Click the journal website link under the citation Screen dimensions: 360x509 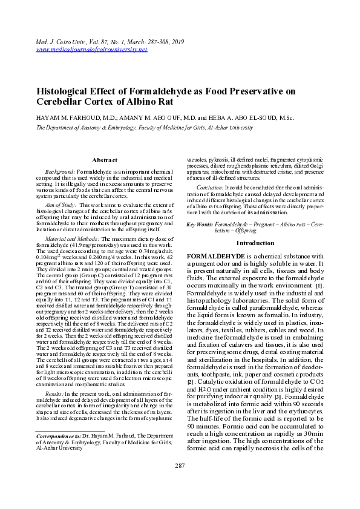(92, 49)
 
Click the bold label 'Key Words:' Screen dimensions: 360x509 (199, 225)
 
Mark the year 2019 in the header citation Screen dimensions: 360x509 (177, 41)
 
